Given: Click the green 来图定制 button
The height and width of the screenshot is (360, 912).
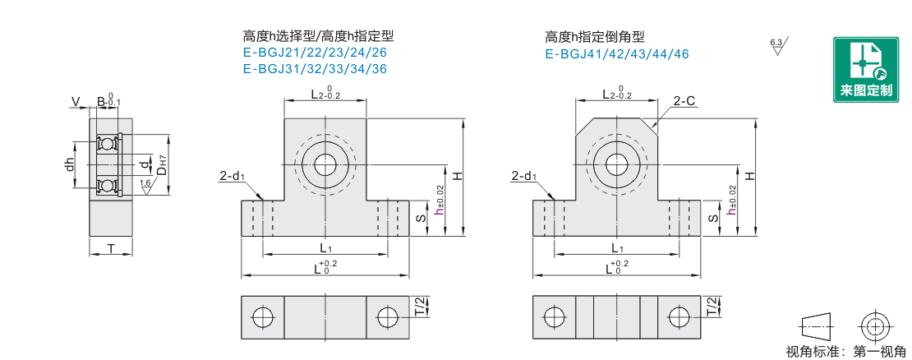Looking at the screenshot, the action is coord(865,70).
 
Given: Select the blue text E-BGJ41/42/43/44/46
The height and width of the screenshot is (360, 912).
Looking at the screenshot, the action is coord(616,54).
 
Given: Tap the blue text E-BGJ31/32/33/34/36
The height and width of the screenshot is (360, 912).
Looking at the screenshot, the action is coord(315,69).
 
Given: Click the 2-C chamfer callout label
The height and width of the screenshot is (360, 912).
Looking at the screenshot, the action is coord(684,101).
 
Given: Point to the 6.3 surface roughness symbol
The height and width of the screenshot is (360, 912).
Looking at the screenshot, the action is coord(778,46).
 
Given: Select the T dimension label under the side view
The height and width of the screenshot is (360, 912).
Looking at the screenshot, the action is coord(111,249).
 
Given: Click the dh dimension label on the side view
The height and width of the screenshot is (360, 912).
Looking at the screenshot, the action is coord(70,164).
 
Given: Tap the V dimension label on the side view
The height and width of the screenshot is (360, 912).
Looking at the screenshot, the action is coord(75,103).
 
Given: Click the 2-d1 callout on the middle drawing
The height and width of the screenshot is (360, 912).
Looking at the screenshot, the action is coord(232,177).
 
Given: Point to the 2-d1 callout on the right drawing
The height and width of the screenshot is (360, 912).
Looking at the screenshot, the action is coord(523,177).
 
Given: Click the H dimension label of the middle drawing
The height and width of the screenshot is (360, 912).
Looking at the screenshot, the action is coord(458,175).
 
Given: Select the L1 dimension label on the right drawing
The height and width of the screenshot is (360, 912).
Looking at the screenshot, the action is coord(617,248).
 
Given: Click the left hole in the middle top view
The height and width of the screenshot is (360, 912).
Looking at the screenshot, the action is coord(262,317).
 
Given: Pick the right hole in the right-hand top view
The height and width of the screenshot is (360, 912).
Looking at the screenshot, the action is coord(678,317).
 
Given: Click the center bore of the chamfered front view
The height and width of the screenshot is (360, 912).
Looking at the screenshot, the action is coord(616,164).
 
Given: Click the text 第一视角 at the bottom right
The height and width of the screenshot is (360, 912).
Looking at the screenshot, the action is coord(879,351).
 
